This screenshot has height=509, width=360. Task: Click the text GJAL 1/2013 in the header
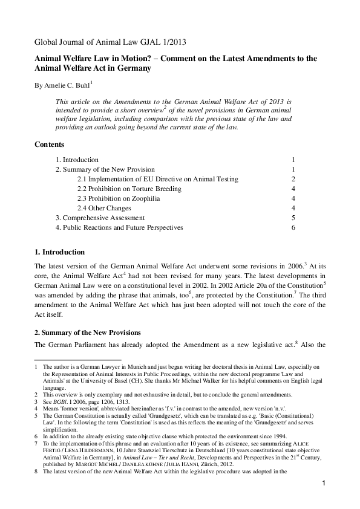[157, 42]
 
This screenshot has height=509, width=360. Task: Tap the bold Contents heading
[50, 145]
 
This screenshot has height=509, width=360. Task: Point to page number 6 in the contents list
[293, 227]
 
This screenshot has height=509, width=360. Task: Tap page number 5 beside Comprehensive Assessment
[293, 218]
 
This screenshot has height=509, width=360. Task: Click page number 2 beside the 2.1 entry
[293, 180]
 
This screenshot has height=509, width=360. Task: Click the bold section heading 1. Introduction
[59, 252]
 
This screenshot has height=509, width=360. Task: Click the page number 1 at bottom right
[324, 483]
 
